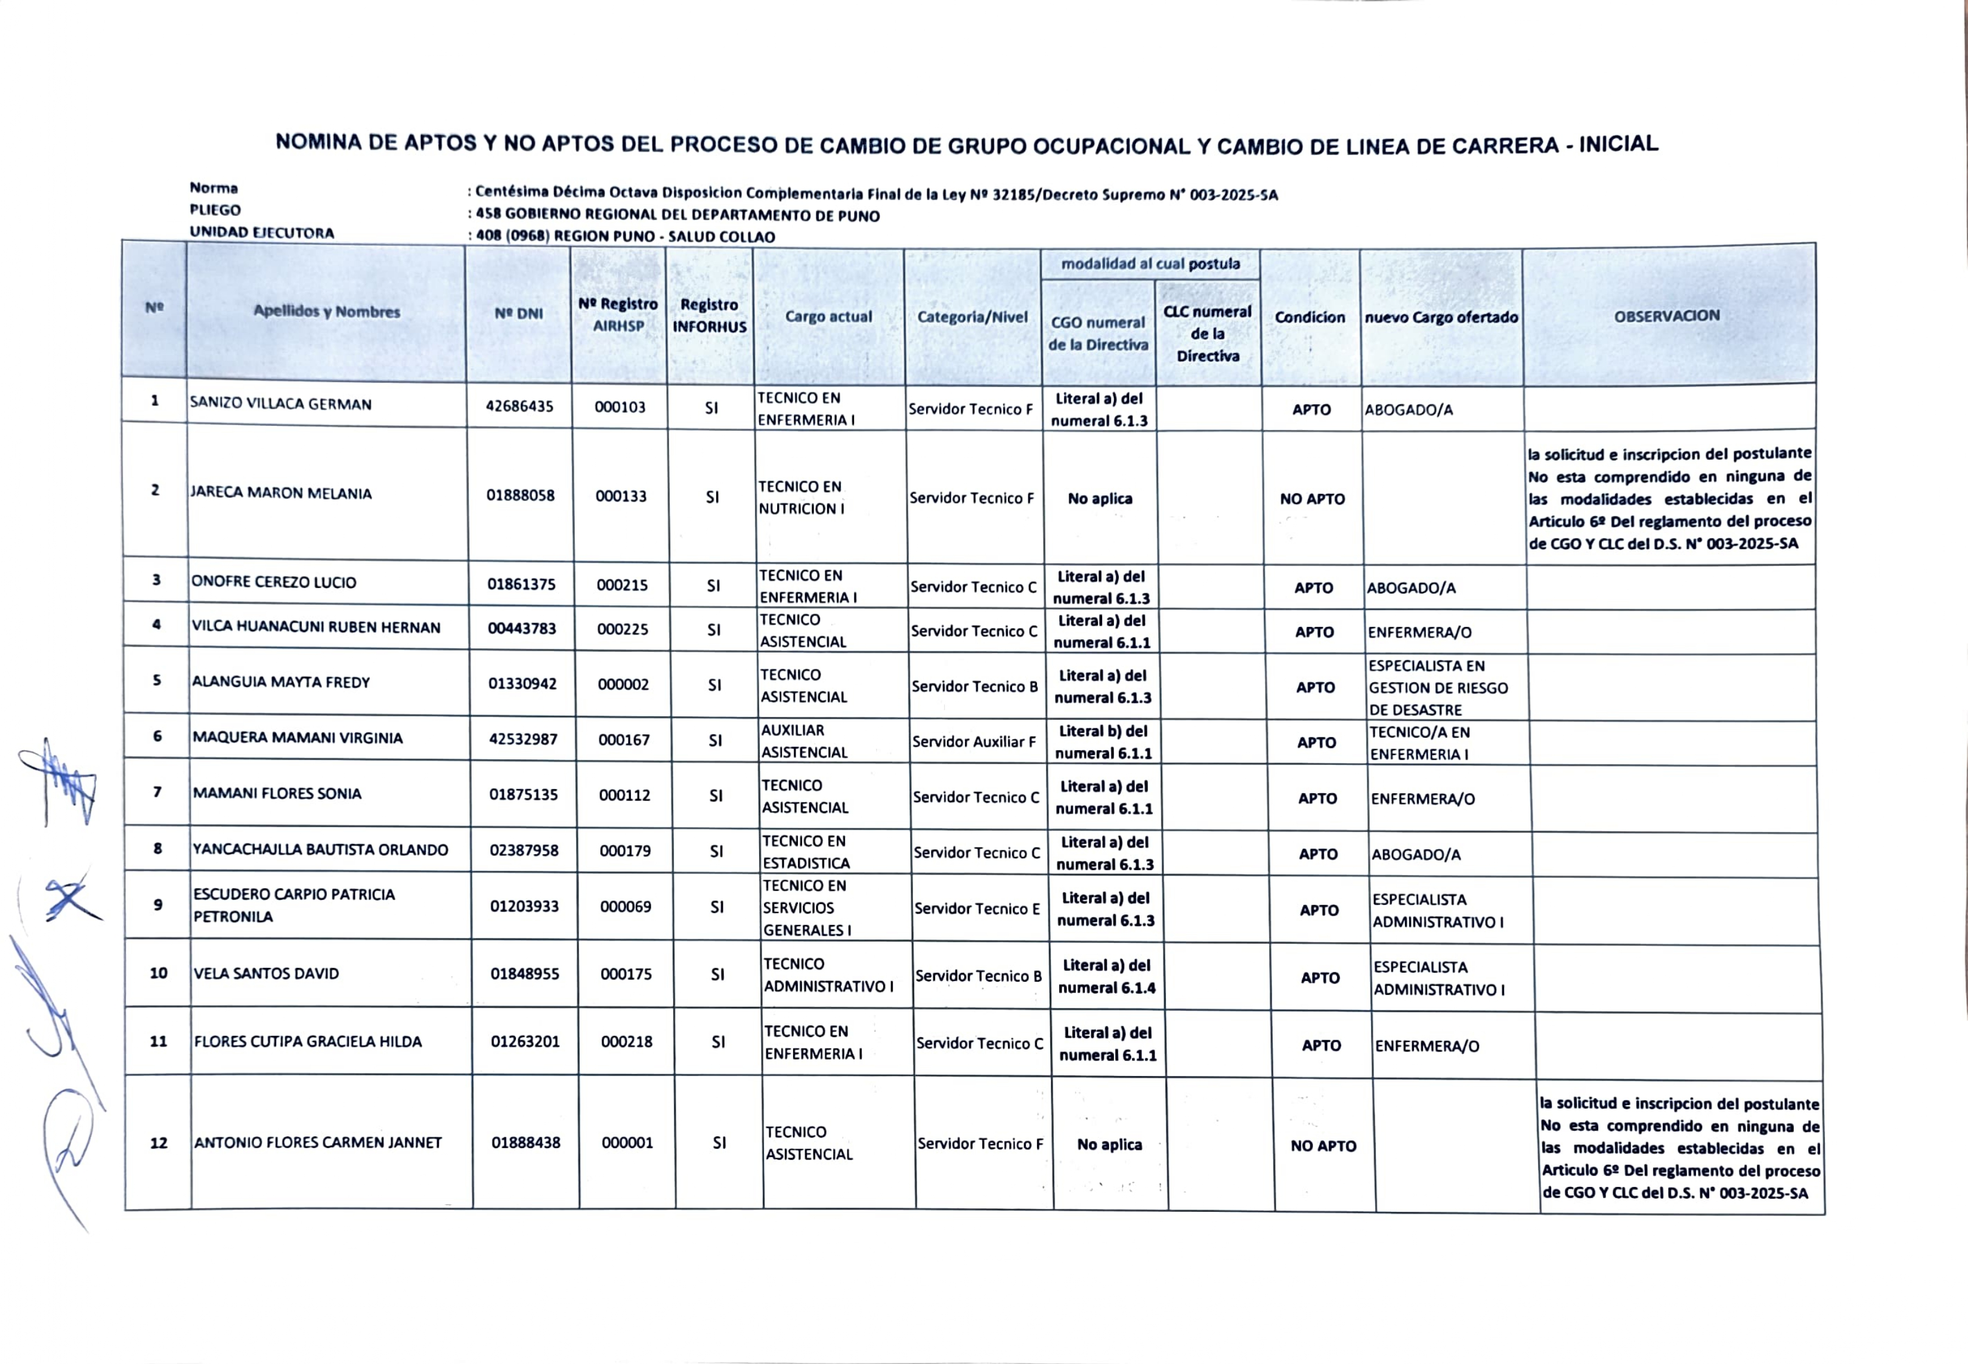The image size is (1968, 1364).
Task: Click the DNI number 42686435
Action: click(x=519, y=407)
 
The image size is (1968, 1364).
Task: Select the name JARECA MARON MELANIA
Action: click(x=281, y=493)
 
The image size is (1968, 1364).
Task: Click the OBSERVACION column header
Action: click(x=1666, y=316)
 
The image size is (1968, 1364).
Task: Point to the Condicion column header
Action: click(x=1309, y=317)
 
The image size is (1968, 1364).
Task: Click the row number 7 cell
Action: click(x=157, y=792)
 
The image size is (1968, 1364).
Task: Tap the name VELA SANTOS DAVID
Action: click(x=267, y=973)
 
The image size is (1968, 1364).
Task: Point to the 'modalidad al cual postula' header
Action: click(x=1150, y=264)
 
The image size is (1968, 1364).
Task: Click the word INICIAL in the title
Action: click(x=1618, y=144)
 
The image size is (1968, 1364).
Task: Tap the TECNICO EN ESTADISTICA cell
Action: click(x=806, y=852)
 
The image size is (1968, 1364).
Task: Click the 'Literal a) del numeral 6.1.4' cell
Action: click(x=1107, y=976)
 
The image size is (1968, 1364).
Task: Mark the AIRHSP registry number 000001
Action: click(x=627, y=1143)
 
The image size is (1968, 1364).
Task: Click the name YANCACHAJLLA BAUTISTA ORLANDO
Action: click(x=320, y=849)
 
